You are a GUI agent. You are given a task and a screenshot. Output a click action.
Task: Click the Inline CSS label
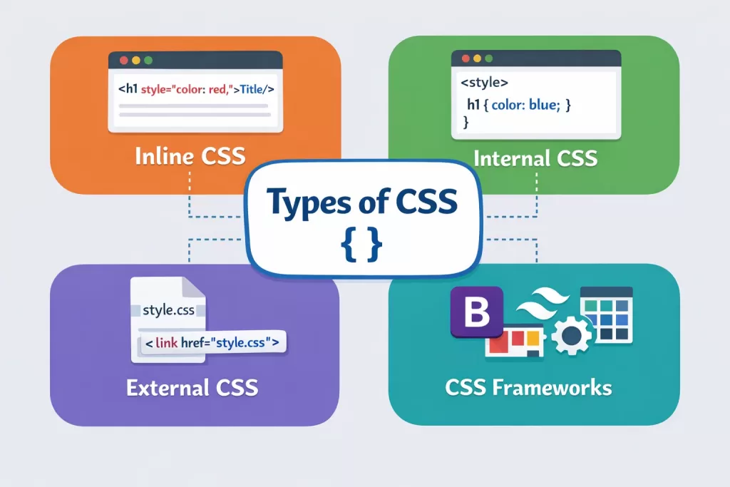[x=190, y=155]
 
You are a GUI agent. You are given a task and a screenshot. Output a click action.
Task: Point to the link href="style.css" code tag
[x=211, y=343]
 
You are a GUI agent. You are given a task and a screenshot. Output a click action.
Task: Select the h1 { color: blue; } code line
[x=519, y=105]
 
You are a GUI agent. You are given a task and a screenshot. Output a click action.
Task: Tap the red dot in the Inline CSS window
[x=123, y=61]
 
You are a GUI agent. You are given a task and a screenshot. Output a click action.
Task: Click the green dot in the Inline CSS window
[x=148, y=61]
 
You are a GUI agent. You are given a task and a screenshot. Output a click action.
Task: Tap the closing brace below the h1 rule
[x=466, y=123]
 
